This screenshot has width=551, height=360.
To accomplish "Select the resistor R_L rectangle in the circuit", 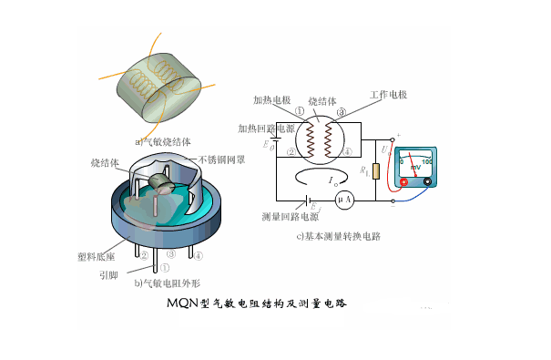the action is coord(375,173).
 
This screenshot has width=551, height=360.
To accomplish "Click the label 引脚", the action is coord(109,272).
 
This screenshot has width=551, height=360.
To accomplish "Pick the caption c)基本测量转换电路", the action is coord(337,236).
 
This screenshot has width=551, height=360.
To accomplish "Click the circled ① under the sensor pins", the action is coord(166,268).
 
